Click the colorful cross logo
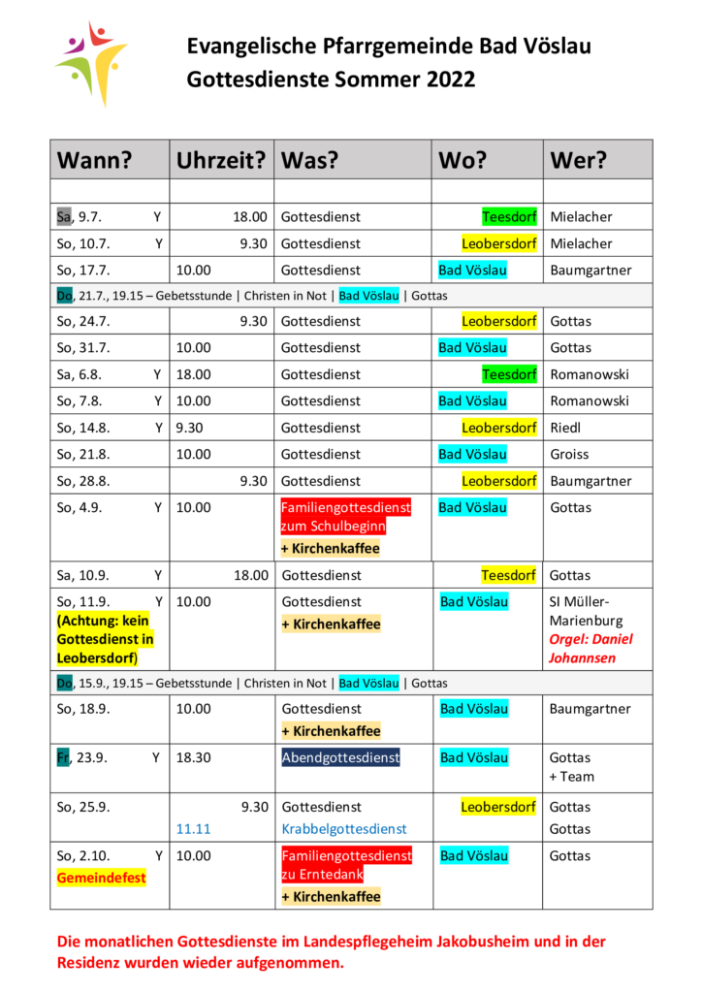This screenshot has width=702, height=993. (92, 63)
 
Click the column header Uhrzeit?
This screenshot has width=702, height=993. (220, 160)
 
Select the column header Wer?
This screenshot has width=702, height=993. (578, 160)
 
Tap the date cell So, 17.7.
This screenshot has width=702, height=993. (83, 271)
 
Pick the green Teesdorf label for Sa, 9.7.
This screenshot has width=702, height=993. (509, 216)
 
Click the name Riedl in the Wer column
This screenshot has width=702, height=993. (565, 428)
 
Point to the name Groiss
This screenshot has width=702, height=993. (569, 454)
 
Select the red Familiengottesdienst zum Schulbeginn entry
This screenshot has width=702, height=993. (345, 517)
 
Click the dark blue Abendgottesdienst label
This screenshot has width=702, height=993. (340, 757)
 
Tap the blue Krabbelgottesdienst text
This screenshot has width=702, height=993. (344, 829)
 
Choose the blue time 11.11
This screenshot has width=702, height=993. (193, 829)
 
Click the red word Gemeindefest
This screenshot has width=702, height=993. (101, 878)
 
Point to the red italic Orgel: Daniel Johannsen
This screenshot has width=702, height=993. (590, 649)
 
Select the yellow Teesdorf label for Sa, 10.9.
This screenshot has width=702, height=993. (508, 575)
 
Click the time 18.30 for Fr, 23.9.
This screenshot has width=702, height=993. (194, 757)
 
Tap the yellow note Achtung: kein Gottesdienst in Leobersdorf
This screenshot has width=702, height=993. (105, 639)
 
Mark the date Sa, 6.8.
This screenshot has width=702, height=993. (80, 374)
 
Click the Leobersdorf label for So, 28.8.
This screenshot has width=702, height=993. (498, 481)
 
